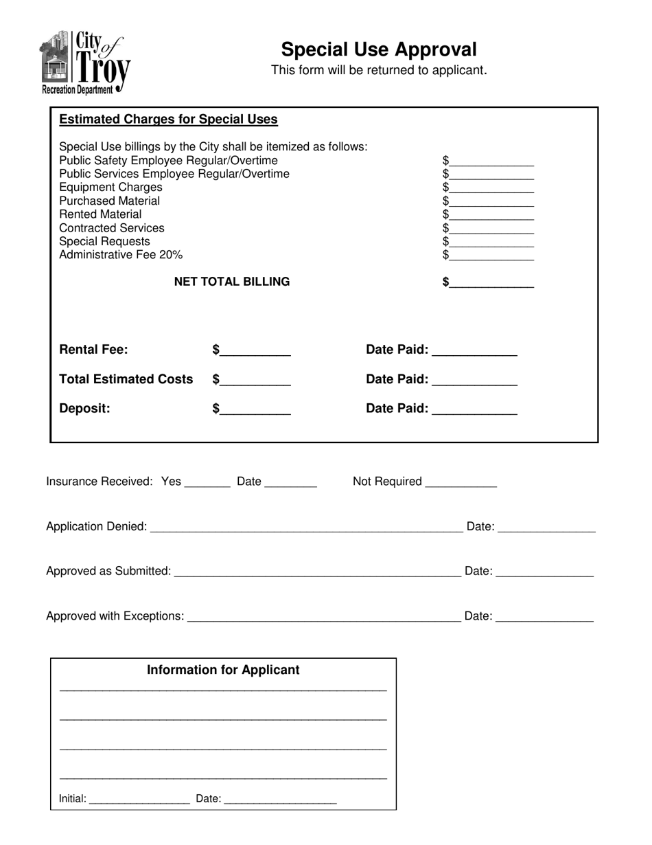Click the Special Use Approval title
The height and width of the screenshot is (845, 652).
click(x=378, y=49)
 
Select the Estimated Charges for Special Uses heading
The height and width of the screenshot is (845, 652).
click(x=168, y=120)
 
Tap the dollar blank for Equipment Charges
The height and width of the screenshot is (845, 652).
click(x=492, y=188)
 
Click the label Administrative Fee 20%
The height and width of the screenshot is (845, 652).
click(x=121, y=255)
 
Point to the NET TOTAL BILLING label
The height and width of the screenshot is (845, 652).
click(x=232, y=282)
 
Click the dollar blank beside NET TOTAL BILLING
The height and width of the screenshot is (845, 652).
click(x=492, y=283)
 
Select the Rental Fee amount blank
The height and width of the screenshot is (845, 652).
click(x=255, y=351)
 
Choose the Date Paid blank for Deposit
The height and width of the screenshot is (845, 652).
click(x=474, y=410)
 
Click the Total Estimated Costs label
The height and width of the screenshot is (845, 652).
click(x=126, y=379)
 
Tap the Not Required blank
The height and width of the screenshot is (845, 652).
click(x=461, y=483)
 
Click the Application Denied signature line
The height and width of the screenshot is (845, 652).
click(x=305, y=528)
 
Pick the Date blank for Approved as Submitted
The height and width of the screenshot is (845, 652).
click(x=544, y=572)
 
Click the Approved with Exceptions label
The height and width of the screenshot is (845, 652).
click(x=115, y=616)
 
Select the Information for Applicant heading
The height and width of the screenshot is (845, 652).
click(x=223, y=670)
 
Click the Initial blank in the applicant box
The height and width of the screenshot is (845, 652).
click(x=139, y=800)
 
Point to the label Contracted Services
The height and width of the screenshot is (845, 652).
click(x=112, y=228)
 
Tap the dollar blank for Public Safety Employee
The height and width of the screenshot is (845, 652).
click(x=492, y=161)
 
